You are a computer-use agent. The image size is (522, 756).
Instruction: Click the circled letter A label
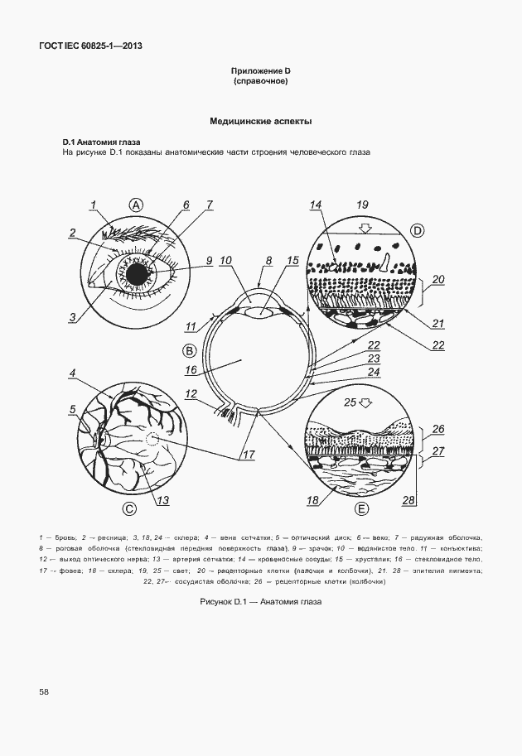click(x=137, y=205)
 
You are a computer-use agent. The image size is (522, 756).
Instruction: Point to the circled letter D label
click(x=418, y=229)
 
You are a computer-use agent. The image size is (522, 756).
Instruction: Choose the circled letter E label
click(x=361, y=508)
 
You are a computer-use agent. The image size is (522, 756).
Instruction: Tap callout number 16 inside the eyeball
click(x=191, y=370)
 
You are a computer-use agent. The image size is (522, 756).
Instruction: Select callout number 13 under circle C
click(x=162, y=499)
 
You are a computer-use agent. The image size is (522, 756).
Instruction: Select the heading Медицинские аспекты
click(x=260, y=121)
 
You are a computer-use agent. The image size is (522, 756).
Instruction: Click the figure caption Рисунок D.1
click(x=260, y=602)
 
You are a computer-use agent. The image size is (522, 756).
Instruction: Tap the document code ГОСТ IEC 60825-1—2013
click(x=90, y=46)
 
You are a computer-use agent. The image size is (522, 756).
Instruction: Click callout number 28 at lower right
click(x=407, y=499)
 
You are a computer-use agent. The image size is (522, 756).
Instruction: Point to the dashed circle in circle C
click(x=152, y=441)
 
